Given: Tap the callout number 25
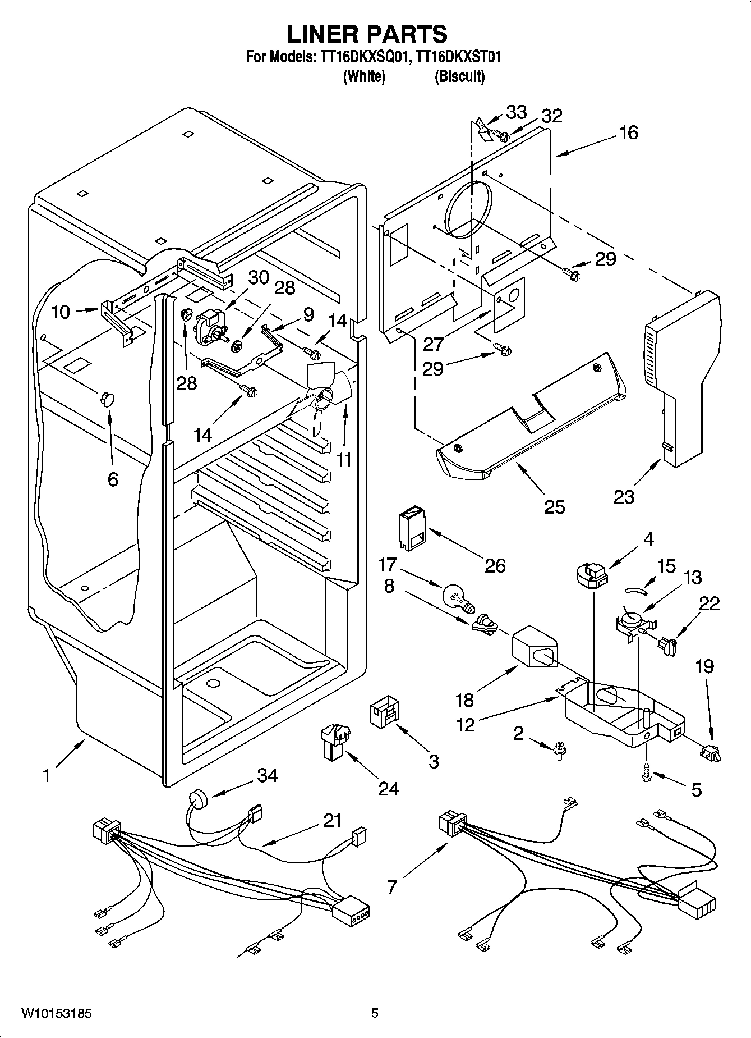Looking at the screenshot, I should coord(554,506).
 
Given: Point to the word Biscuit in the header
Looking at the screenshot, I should coord(459,76).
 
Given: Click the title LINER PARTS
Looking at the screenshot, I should coord(367,34).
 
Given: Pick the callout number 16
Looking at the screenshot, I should coord(629,132).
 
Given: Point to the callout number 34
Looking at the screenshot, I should coord(268,775).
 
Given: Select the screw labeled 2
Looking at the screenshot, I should coord(559,749).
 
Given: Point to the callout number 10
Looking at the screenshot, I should coord(61,312).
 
